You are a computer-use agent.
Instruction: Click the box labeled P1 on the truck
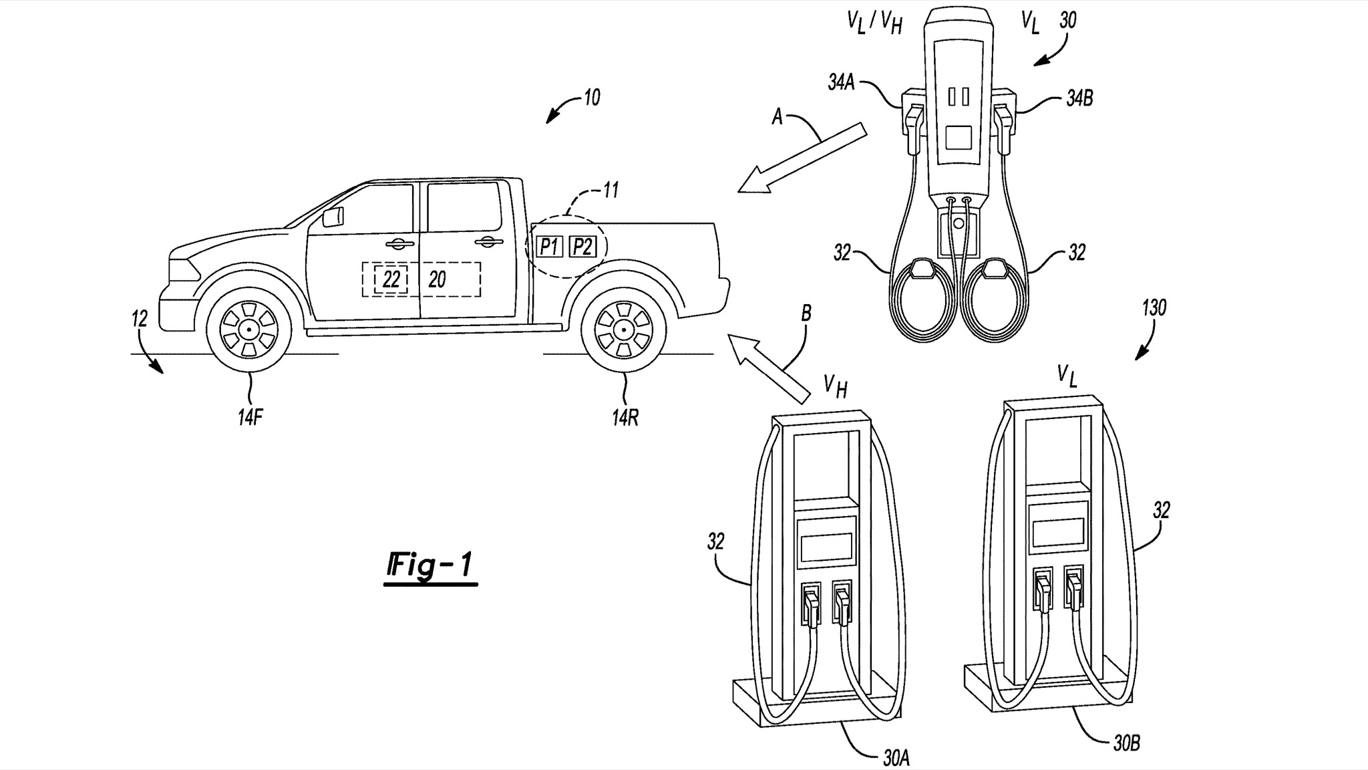click(548, 247)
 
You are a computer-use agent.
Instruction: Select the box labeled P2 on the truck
click(582, 247)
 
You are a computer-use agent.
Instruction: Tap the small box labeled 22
click(391, 279)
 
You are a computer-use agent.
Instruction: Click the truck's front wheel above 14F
click(248, 328)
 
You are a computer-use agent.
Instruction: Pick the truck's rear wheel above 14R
click(623, 328)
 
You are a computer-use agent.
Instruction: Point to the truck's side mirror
click(333, 217)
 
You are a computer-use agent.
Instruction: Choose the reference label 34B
click(1078, 99)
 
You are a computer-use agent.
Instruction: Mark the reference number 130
click(1154, 308)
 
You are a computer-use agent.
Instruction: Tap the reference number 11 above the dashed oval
click(610, 190)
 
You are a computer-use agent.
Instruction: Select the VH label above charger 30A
click(835, 386)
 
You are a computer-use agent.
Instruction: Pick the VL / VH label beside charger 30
click(875, 23)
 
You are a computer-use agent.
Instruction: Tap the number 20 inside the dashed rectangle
click(437, 279)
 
